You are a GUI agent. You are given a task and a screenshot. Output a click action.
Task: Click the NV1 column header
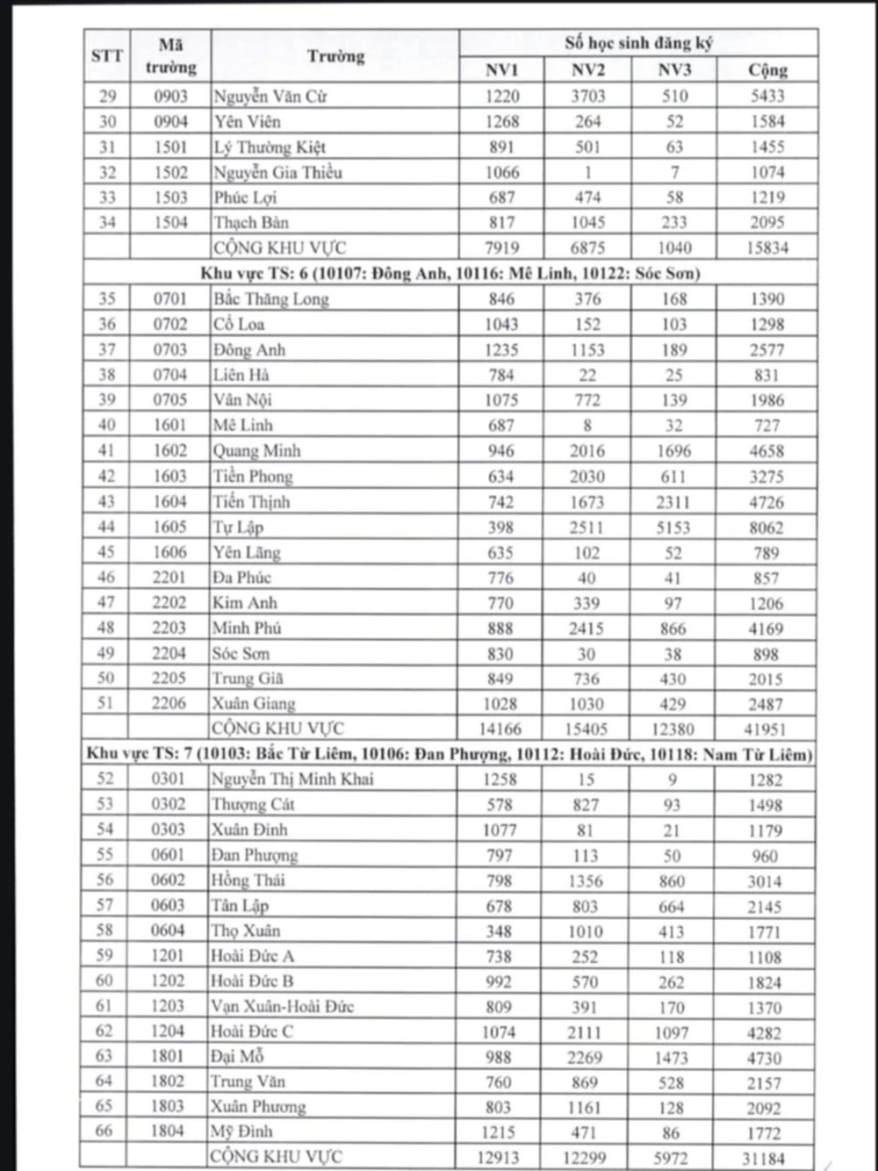coord(501,70)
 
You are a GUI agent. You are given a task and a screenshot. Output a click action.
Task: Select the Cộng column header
coord(767,70)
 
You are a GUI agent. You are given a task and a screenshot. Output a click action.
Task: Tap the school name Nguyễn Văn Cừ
coord(270,97)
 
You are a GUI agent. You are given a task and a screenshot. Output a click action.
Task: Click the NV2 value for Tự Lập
coord(587,528)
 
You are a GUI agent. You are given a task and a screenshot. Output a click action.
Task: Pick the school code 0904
coord(170,122)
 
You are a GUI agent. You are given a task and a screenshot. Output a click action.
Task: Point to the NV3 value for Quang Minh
coord(673,451)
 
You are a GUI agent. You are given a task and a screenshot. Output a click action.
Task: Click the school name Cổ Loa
coord(238,324)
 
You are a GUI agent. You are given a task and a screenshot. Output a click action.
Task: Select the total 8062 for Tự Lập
coord(766,528)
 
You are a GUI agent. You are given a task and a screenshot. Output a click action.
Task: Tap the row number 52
coord(105,779)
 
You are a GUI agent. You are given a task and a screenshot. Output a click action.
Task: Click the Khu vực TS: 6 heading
coord(450,273)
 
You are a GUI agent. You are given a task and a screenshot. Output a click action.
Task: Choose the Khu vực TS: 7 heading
coord(449,754)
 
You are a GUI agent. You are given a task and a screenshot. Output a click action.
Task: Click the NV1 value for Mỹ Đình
coord(498,1132)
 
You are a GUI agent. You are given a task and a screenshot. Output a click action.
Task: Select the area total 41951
coord(766,729)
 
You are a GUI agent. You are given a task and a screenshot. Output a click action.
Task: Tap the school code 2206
coord(169,703)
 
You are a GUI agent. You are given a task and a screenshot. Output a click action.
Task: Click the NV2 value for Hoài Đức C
coord(585,1032)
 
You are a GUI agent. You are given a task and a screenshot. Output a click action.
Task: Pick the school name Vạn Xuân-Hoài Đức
coord(282,1007)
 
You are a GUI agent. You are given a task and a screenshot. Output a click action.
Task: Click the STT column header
coord(107,56)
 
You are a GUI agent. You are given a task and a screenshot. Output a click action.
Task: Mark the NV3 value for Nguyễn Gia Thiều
coord(674,172)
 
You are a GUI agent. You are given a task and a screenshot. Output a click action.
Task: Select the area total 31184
coord(764,1159)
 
